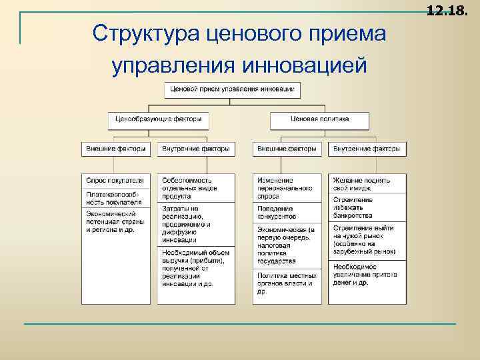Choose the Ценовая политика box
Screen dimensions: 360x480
[320, 121]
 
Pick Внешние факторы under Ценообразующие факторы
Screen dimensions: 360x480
[116, 149]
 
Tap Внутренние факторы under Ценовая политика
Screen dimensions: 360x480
[367, 149]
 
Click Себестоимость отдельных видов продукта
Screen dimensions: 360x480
[196, 188]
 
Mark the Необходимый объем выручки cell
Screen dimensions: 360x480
[196, 268]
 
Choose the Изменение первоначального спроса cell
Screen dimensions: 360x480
[287, 188]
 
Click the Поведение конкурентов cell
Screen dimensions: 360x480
[287, 213]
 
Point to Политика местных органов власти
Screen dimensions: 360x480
[287, 283]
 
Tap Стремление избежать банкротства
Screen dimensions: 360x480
[367, 206]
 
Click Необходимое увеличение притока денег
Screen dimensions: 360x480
[367, 274]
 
